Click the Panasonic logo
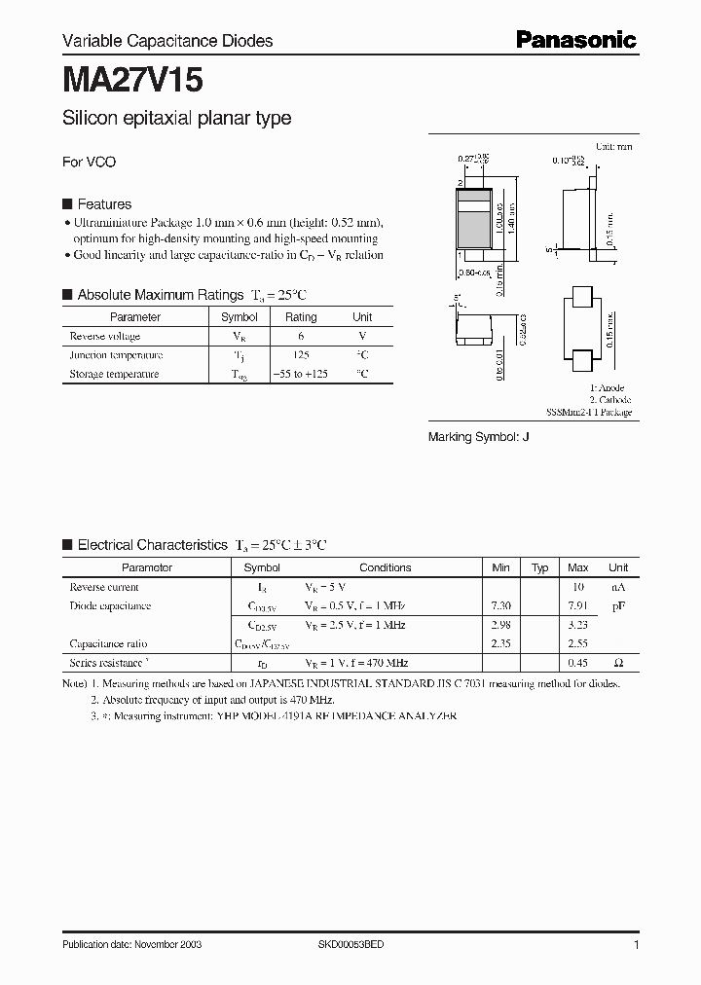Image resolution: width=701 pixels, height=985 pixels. (575, 39)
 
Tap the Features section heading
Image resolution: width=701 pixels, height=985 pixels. (104, 204)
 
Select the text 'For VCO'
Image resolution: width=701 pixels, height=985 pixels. (89, 162)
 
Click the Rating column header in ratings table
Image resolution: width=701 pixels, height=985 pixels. (301, 317)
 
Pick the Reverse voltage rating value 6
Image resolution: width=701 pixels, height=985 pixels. (301, 336)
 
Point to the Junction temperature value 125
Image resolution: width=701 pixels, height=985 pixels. (301, 355)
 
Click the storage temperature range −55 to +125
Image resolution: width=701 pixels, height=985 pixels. (301, 374)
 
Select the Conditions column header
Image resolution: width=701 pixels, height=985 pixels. (386, 567)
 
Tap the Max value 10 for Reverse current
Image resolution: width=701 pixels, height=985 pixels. (577, 587)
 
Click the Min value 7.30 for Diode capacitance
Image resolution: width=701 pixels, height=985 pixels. (500, 606)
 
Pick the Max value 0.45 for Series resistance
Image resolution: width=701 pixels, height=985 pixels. (577, 663)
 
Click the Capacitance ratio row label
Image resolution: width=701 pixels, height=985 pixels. (108, 643)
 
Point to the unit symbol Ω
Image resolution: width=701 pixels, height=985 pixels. (618, 663)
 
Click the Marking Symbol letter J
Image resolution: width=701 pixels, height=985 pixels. (526, 437)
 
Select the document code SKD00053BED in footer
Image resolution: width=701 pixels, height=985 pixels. (351, 945)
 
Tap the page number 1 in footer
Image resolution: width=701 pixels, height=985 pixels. (636, 945)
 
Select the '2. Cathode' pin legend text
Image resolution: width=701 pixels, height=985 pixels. (609, 400)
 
